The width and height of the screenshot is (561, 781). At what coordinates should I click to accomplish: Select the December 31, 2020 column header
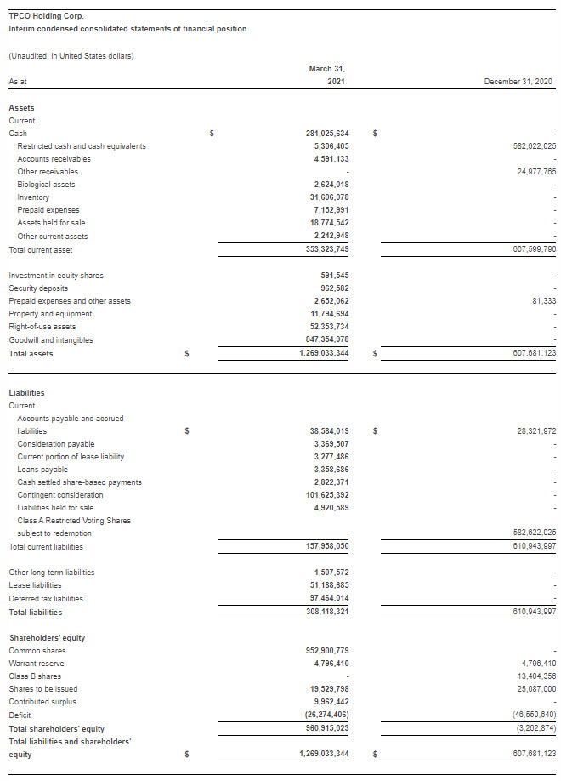[x=518, y=81]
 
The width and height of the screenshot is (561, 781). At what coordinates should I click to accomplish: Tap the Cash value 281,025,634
[x=327, y=134]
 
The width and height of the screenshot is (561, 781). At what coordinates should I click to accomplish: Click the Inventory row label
[x=33, y=197]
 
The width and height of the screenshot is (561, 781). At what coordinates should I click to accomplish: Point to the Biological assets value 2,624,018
[x=331, y=185]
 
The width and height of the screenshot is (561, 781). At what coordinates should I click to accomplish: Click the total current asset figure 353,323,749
[x=327, y=249]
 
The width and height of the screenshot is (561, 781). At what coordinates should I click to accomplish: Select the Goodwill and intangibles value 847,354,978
[x=327, y=340]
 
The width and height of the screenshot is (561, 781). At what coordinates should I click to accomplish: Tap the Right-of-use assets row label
[x=42, y=327]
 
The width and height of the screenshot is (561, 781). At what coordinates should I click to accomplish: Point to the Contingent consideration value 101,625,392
[x=327, y=495]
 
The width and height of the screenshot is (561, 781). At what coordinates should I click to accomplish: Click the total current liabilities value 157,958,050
[x=327, y=546]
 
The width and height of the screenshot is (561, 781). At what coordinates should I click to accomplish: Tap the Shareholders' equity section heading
[x=47, y=638]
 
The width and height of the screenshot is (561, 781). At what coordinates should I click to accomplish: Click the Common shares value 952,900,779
[x=327, y=651]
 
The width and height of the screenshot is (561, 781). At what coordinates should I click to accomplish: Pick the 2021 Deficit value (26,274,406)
[x=327, y=715]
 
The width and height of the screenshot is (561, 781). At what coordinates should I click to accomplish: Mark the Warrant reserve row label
[x=37, y=664]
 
